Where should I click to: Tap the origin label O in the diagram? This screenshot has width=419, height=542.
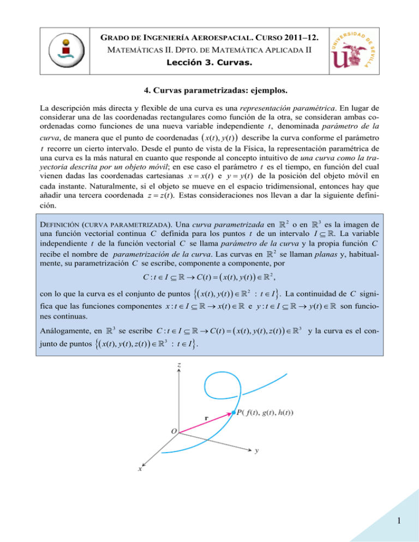[x=172, y=431]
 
